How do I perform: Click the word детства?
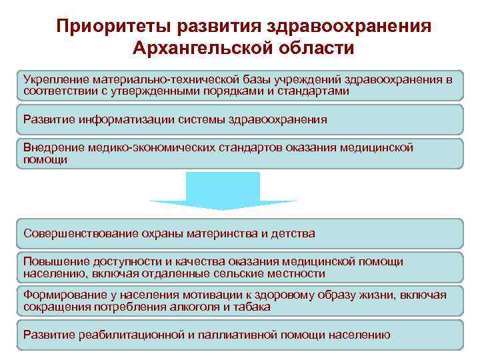(x=291, y=233)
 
